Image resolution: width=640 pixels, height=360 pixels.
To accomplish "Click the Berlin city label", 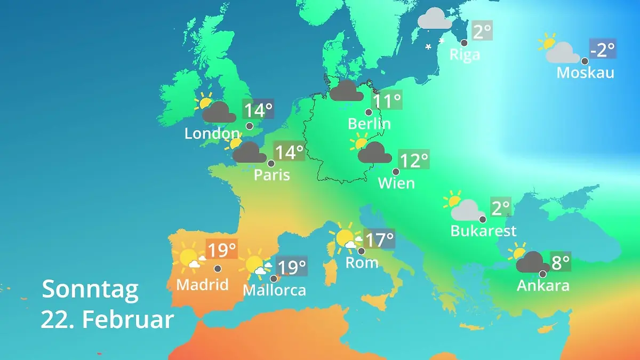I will click(369, 124).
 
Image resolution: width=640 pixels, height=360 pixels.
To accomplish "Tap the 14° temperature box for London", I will click(258, 110).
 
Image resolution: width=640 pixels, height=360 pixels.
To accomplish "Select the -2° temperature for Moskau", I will click(603, 50).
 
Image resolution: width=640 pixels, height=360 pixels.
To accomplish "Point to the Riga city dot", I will click(464, 43).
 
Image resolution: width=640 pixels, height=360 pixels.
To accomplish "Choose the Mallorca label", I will click(274, 290).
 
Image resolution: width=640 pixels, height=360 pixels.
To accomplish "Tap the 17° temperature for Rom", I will click(379, 239).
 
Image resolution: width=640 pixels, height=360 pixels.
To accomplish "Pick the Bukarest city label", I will click(483, 231).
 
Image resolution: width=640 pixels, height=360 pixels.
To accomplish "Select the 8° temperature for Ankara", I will click(561, 262).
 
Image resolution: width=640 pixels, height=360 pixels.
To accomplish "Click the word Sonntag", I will click(90, 289).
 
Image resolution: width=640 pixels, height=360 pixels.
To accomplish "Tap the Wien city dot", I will click(396, 172).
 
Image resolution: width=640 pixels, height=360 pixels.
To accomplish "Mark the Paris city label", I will click(271, 174).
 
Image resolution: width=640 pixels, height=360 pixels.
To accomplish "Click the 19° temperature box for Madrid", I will click(221, 250).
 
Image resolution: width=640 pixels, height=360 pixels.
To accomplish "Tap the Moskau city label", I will click(585, 73).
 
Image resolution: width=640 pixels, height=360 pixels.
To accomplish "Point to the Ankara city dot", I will click(543, 274).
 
